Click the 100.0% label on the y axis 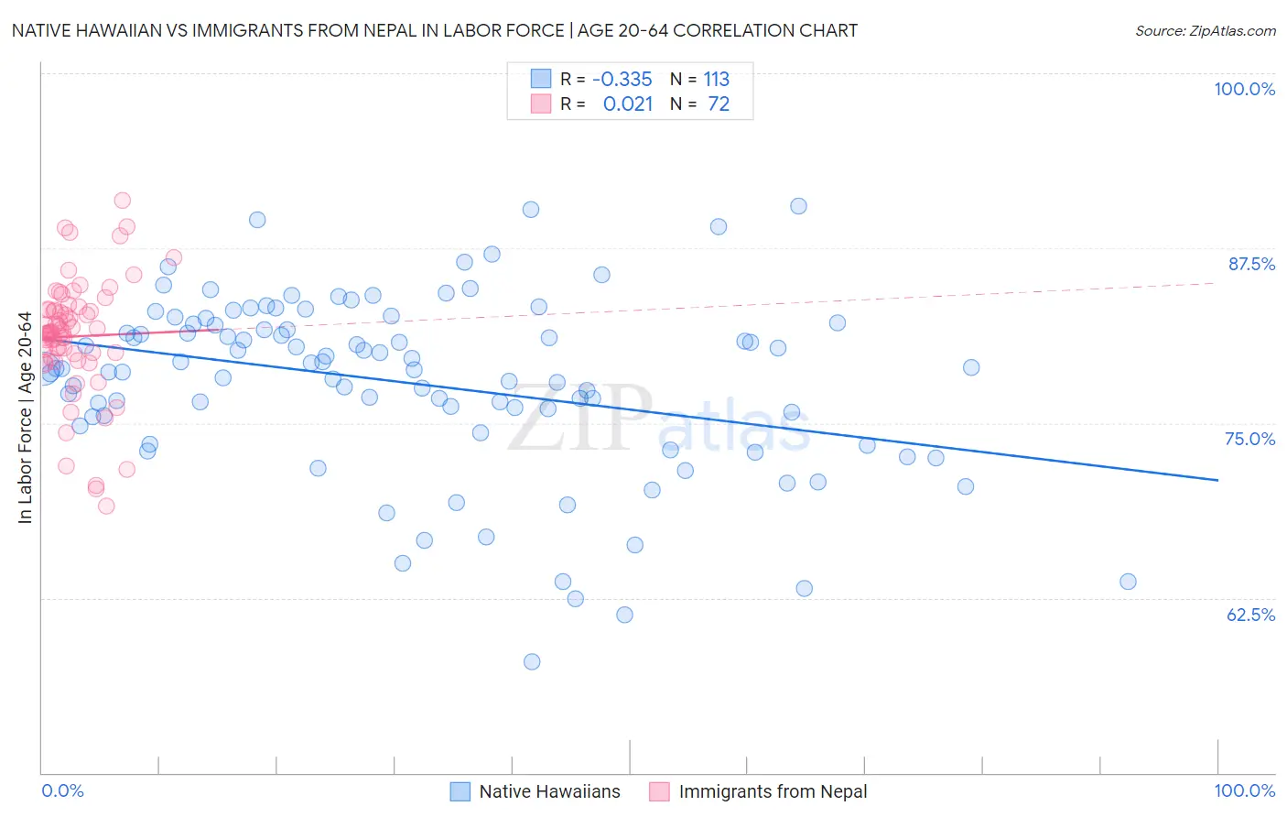[x=1244, y=89]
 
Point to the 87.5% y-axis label [x=1250, y=264]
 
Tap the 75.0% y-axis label [x=1249, y=439]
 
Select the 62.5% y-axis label [x=1250, y=615]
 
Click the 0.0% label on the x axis [x=62, y=790]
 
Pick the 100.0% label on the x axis [x=1244, y=790]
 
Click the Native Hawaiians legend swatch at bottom [x=460, y=791]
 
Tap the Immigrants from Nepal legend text [x=773, y=791]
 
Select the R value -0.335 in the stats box [x=622, y=79]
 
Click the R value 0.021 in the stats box [x=628, y=104]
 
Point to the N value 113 [x=716, y=79]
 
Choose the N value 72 [x=719, y=104]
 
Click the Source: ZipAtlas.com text [x=1205, y=31]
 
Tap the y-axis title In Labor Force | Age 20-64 [x=25, y=418]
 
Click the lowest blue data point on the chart [x=532, y=661]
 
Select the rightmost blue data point [x=1128, y=582]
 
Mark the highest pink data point [x=122, y=201]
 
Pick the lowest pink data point [x=106, y=506]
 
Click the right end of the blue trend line [x=1217, y=480]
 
